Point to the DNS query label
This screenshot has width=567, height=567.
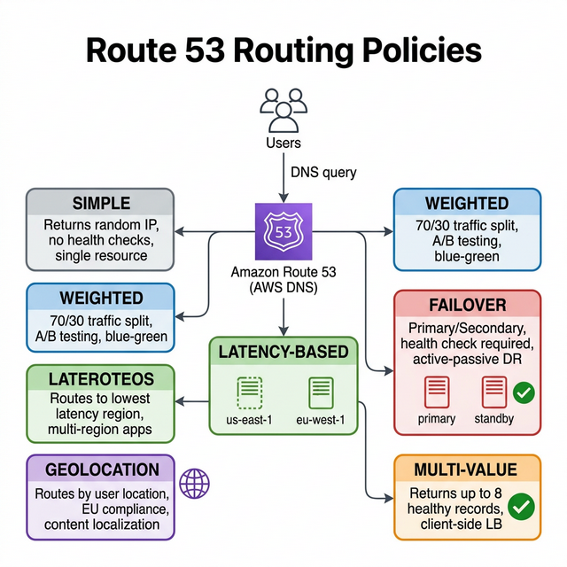coord(323,172)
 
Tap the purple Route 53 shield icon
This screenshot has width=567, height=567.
coord(283,232)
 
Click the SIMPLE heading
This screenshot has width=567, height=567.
coord(101,203)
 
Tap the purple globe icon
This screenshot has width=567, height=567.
coord(195,484)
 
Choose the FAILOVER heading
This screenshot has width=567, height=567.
coord(467,305)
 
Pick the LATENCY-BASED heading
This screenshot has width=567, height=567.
coord(283,352)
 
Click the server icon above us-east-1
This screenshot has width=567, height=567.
coord(251,392)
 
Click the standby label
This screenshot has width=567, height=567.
coord(493,418)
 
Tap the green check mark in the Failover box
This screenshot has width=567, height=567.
coord(524,391)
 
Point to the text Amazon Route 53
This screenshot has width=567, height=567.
coord(283,273)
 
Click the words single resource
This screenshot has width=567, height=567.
coord(101,255)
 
